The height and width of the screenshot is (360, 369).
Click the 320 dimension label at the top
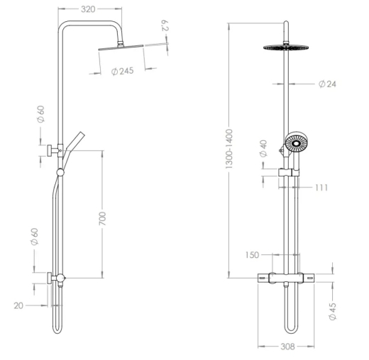[x=88, y=9]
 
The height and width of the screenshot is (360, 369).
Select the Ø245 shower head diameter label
[x=122, y=71]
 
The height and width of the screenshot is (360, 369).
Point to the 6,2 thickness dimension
[x=165, y=26]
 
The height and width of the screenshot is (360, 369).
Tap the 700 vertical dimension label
[x=102, y=218]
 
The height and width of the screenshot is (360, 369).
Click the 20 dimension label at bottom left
[x=18, y=305]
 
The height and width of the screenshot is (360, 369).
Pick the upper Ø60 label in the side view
[x=40, y=114]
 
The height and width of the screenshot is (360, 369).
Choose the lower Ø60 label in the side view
[x=34, y=237]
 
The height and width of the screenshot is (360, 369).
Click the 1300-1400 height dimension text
[x=229, y=149]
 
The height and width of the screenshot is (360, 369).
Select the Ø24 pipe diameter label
[x=327, y=84]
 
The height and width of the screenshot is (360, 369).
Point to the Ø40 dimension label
[x=263, y=148]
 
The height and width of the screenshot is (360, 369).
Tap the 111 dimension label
[x=321, y=188]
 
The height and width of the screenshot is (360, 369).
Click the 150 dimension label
[x=252, y=255]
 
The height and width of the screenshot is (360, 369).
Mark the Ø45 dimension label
[x=333, y=311]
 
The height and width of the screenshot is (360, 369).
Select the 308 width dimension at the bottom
[x=287, y=347]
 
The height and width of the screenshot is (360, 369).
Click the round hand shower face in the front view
[x=296, y=143]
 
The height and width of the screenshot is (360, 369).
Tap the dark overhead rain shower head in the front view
[x=286, y=47]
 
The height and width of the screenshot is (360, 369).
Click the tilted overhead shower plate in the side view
[x=121, y=47]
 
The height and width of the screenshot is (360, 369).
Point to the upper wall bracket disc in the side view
[x=50, y=151]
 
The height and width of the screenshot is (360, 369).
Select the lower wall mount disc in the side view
[x=50, y=279]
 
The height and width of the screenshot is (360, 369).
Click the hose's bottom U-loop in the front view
[x=291, y=331]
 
